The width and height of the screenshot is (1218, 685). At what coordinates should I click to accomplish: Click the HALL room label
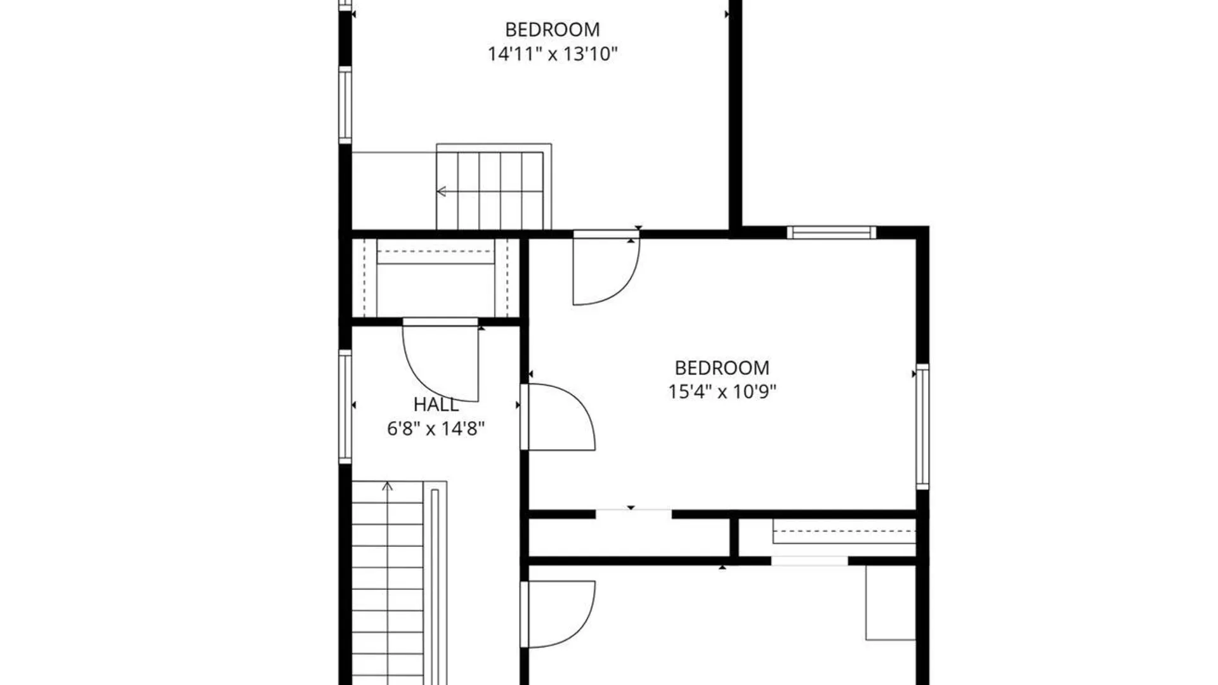(436, 404)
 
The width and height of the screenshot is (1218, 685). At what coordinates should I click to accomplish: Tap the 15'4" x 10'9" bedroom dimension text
(722, 391)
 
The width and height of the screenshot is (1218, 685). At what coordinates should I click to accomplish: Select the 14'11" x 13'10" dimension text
(553, 54)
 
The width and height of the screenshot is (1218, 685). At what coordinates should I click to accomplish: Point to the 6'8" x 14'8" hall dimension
(436, 429)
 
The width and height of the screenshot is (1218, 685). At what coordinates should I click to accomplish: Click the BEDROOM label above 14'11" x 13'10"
(553, 30)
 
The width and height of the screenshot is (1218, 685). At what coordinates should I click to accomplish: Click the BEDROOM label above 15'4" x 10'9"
(722, 368)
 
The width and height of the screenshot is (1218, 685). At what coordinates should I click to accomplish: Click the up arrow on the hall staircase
(387, 486)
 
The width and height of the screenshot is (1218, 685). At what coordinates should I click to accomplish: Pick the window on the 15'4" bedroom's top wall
(832, 233)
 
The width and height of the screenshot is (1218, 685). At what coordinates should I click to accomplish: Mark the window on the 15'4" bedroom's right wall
(923, 427)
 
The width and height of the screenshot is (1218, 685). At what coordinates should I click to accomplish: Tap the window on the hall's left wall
(345, 407)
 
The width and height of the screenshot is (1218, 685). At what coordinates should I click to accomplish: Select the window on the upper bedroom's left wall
(345, 105)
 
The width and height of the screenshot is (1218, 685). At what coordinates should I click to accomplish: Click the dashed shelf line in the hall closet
(435, 251)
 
